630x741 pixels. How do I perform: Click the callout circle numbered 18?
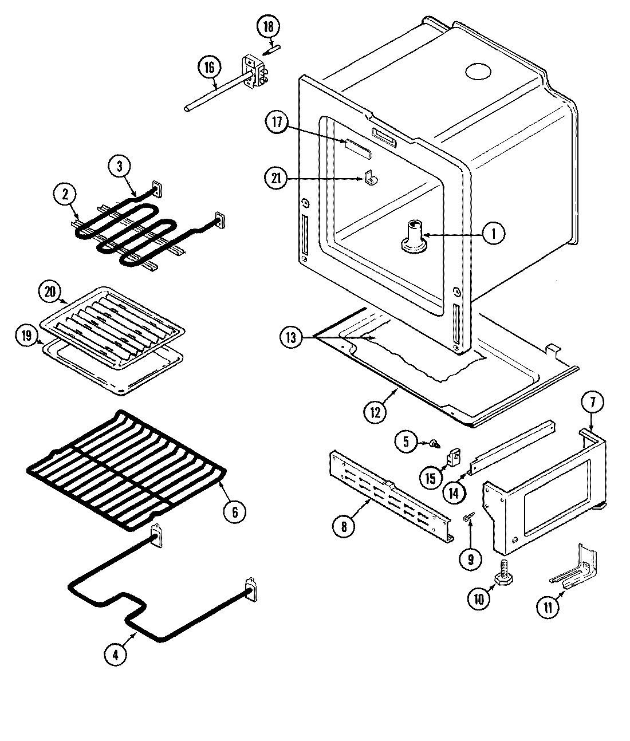(269, 26)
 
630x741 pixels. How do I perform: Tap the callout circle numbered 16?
(208, 68)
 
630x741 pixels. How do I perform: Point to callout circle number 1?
(493, 233)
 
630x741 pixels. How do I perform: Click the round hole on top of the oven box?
(478, 71)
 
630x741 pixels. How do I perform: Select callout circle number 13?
(292, 337)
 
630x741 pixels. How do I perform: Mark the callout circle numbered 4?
(116, 655)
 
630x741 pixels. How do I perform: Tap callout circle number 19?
(26, 336)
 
